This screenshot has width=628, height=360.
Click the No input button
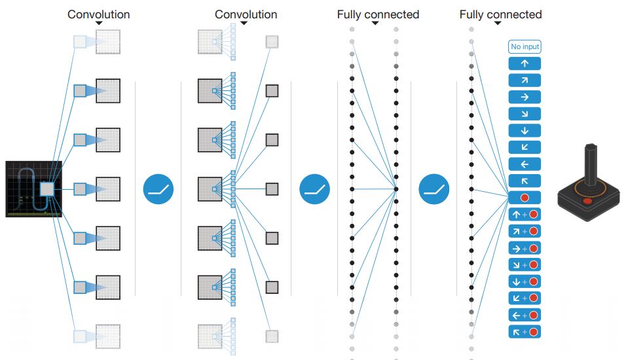[x=525, y=46]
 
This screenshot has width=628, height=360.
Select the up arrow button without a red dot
[x=525, y=63]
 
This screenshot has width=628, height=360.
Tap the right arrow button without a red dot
[x=525, y=97]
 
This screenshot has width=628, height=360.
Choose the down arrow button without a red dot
[x=525, y=130]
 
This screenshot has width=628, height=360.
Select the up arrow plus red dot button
[x=525, y=214]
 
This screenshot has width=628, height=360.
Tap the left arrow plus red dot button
[x=525, y=315]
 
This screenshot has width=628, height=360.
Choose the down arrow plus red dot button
[x=525, y=281]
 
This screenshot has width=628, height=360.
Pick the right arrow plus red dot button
[x=525, y=248]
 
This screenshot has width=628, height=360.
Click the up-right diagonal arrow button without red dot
[x=525, y=81]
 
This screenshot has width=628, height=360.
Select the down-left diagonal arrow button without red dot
[x=525, y=147]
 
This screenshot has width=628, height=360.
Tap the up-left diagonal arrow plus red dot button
[x=525, y=332]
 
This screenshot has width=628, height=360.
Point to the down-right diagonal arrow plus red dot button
[x=525, y=264]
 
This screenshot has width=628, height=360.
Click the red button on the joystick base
[x=587, y=201]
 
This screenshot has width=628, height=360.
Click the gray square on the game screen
[x=46, y=189]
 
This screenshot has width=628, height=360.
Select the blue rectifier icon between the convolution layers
[x=158, y=189]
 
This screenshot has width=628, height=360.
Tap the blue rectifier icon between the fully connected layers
[x=434, y=189]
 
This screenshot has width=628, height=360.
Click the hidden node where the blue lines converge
[x=396, y=189]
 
